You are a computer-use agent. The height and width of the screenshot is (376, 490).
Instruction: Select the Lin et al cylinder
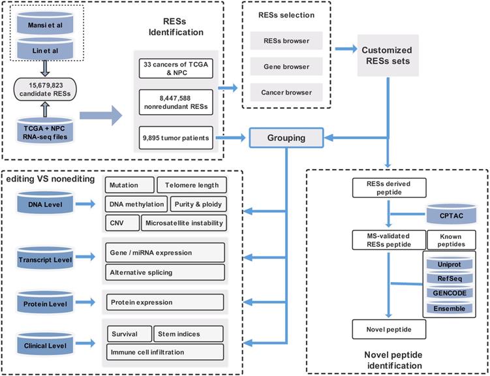[44, 50]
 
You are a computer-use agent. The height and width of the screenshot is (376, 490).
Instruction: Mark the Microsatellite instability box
[183, 223]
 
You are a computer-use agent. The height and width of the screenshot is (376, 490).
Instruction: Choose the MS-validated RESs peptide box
[388, 240]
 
